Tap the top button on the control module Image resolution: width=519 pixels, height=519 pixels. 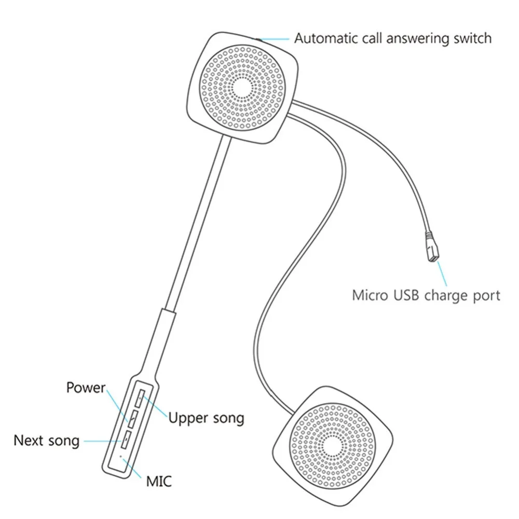coord(140,399)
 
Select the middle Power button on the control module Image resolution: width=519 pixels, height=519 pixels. coord(133,419)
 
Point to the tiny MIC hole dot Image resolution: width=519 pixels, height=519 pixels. coord(120,456)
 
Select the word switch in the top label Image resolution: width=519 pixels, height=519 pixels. coord(472,38)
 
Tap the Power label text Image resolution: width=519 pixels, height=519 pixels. coord(86,388)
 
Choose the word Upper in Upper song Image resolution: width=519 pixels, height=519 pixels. coord(188,418)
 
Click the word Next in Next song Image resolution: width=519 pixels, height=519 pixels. coord(28,441)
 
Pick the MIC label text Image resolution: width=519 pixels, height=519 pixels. coord(159,482)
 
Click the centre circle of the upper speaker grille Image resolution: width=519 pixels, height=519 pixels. coord(242,88)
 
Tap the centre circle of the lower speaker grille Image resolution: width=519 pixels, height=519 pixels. coord(332,445)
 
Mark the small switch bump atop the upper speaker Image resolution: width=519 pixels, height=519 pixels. coord(257,39)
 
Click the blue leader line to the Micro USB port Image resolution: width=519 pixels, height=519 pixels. coord(442,274)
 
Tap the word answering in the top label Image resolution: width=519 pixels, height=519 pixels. coord(418,39)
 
